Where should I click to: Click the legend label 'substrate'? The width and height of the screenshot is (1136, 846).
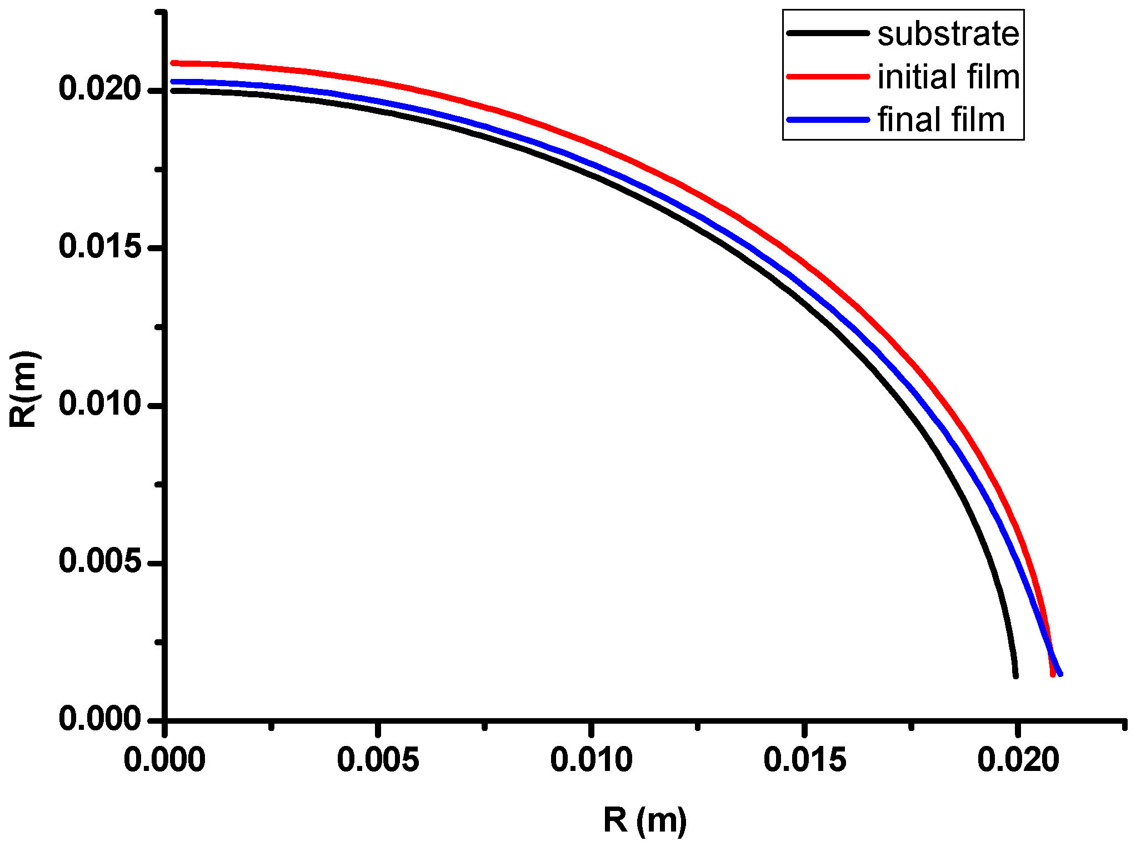coord(948,34)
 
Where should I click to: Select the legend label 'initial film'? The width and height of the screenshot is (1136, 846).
coord(948,77)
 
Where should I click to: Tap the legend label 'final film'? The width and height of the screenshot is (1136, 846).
coord(941,120)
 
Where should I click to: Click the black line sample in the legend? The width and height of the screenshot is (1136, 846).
coord(828,33)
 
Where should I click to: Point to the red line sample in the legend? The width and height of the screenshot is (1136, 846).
coord(828,76)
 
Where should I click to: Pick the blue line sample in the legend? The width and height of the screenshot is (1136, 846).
coord(828,119)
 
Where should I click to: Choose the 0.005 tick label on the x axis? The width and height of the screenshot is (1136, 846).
coord(378,760)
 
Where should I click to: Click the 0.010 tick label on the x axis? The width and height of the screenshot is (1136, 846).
coord(591,760)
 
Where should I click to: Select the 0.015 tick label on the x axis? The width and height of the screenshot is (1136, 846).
coord(804,760)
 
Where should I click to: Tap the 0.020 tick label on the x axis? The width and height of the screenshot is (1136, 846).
coord(1018,760)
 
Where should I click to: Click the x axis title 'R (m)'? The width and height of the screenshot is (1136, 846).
coord(645,820)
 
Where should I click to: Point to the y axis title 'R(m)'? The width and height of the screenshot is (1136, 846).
coord(23,389)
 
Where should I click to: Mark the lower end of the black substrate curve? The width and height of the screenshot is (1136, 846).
coord(1015,675)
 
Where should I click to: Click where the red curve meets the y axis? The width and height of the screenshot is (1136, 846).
coord(173,63)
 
